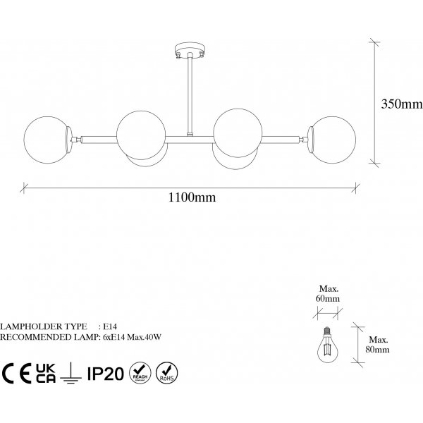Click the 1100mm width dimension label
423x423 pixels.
192,197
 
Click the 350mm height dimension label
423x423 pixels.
402,104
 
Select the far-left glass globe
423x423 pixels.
46,140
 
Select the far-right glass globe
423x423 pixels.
334,140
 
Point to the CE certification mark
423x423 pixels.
17,374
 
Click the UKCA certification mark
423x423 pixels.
46,373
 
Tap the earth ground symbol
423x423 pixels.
70,373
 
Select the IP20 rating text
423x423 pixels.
106,374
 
